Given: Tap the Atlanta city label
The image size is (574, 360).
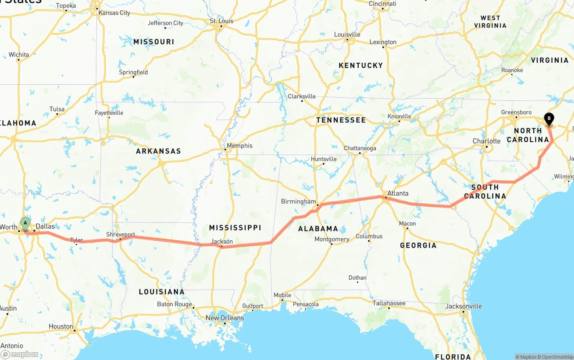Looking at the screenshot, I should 398,194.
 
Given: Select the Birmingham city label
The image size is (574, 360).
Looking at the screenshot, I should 298,202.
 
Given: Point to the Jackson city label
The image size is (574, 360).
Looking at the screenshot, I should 222,242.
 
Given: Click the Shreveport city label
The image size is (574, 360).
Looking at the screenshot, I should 121,234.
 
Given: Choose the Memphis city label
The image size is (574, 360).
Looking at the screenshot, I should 239,146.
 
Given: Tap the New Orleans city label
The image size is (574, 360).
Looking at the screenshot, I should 225,318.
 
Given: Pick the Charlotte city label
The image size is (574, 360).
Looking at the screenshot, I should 487,141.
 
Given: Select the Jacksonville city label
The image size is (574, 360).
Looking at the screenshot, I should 464,306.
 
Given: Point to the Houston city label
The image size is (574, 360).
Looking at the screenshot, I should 61,326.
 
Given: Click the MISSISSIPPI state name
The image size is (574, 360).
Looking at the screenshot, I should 235,228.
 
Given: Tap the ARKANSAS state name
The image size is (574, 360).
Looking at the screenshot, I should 158,151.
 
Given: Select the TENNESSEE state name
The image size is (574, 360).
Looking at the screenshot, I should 341,120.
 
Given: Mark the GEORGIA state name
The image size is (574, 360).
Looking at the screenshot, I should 417,245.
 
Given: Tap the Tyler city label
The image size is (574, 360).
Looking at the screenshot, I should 77,240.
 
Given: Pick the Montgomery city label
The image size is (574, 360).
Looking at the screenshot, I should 332,239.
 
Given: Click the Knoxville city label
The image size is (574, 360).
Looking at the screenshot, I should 399,117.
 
